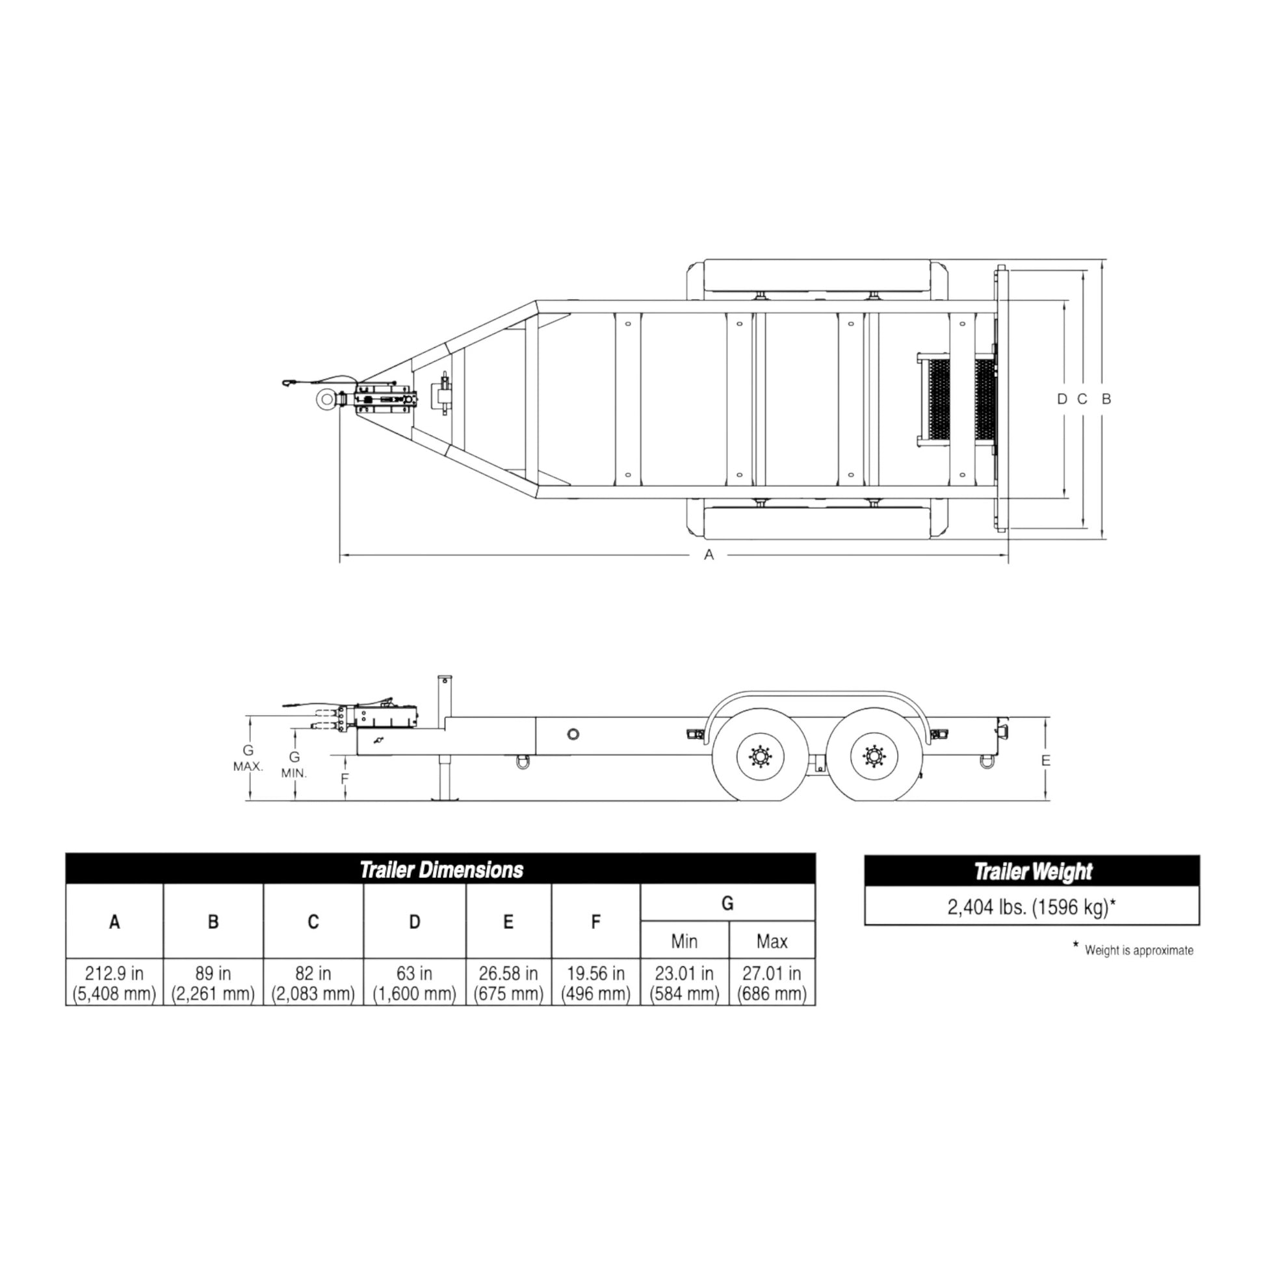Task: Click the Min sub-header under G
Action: click(x=684, y=941)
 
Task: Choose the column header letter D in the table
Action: click(x=414, y=922)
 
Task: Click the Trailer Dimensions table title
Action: click(x=441, y=870)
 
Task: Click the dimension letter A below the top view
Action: click(x=709, y=555)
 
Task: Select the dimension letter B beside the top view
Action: click(x=1106, y=398)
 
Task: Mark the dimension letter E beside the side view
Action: click(x=1046, y=761)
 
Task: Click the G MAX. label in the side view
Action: click(x=248, y=757)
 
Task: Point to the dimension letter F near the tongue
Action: click(x=345, y=779)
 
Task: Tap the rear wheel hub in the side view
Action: click(x=873, y=757)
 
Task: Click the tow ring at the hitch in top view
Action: click(x=326, y=398)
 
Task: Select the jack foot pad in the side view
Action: click(x=445, y=798)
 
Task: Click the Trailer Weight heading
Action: click(x=1032, y=872)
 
